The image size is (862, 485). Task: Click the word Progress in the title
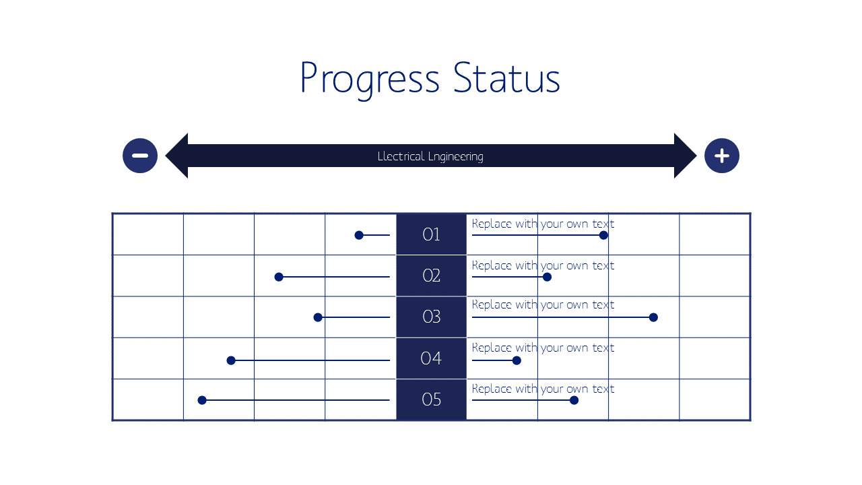pos(369,79)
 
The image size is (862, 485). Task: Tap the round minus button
pos(140,156)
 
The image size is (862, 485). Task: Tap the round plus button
pos(721,156)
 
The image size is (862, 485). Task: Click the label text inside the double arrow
pos(430,156)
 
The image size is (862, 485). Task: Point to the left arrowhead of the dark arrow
pos(177,156)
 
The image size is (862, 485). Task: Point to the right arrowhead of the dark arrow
pos(685,156)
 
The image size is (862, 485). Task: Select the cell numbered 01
pos(431,234)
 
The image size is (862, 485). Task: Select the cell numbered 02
pos(431,276)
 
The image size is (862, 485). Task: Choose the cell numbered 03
pos(431,317)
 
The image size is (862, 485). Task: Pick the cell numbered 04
pos(431,358)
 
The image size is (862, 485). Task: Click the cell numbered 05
pos(431,399)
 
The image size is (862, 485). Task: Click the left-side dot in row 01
pos(359,235)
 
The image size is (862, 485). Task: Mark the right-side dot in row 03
pos(653,317)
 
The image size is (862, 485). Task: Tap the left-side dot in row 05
pos(202,400)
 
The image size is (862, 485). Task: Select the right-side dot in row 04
pos(517,360)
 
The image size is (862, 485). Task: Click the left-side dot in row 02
pos(279,277)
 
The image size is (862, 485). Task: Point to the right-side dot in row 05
pos(574,400)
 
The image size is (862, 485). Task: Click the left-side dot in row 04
pos(231,360)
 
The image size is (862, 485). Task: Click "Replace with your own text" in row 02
pos(543,265)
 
